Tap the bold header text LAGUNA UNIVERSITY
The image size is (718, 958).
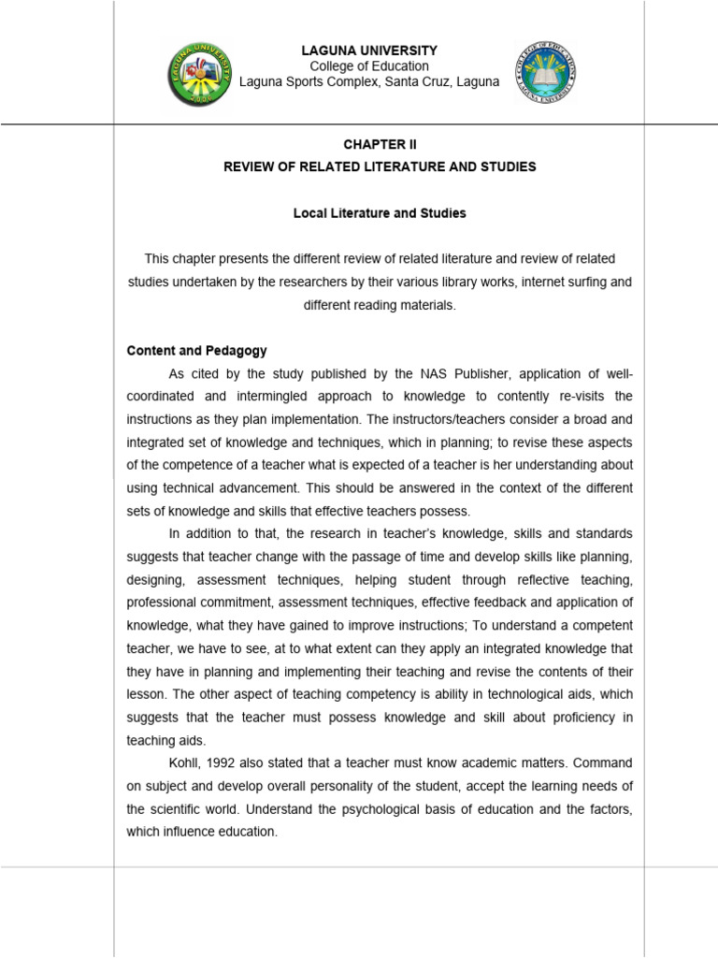(x=368, y=51)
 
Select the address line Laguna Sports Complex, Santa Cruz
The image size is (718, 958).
(x=368, y=81)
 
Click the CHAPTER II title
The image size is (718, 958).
(x=379, y=145)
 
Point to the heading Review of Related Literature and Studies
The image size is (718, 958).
(x=379, y=167)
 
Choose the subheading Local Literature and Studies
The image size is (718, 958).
(x=379, y=213)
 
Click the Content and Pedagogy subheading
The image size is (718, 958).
(x=196, y=351)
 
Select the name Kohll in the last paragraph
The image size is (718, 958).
(x=185, y=762)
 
